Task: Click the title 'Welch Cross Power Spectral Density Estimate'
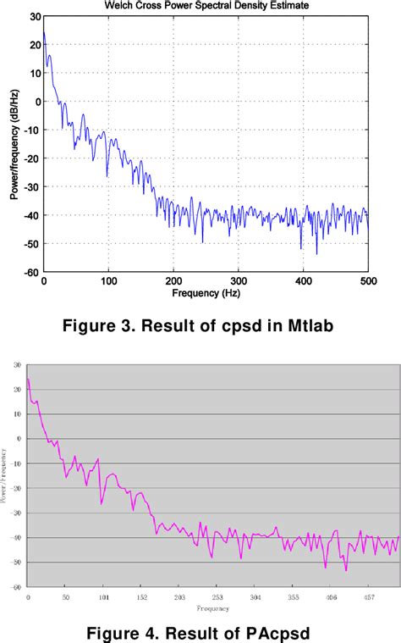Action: [206, 5]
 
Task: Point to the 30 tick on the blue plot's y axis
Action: [34, 16]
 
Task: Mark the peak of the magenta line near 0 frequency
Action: [28, 379]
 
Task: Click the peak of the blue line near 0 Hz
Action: [44, 32]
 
